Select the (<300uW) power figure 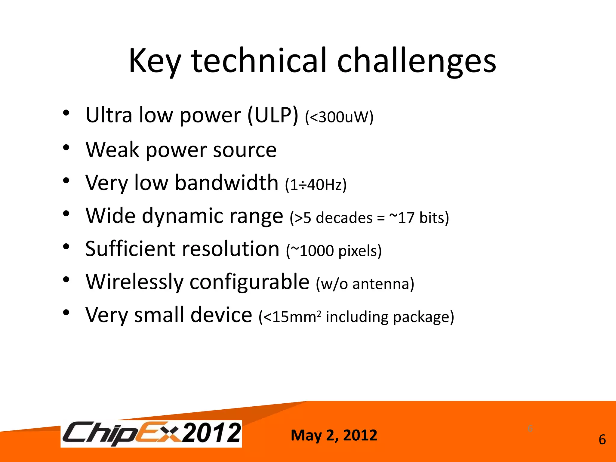339,117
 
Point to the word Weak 112,149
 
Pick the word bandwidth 227,183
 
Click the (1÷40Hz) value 316,185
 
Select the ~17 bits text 419,217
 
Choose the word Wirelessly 134,282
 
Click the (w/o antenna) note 365,284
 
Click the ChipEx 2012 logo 151,433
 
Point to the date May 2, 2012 334,435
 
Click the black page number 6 602,440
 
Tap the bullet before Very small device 66,313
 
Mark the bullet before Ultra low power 66,113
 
